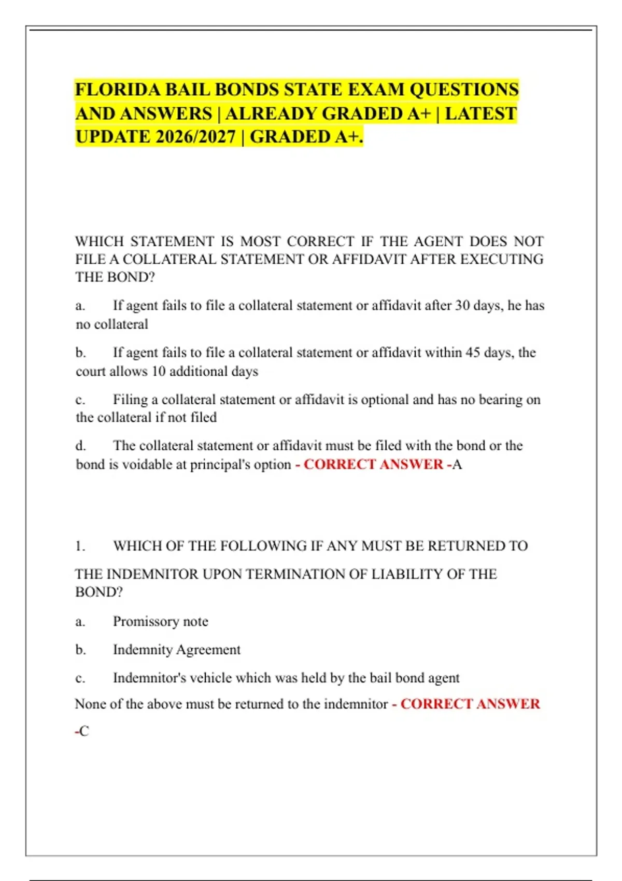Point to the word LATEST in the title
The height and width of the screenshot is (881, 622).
point(480,113)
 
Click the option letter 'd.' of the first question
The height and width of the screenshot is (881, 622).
point(80,446)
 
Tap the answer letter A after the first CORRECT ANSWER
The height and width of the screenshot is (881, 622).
point(457,464)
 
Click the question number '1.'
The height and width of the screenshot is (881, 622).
point(80,546)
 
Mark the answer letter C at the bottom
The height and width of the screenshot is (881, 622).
point(84,731)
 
